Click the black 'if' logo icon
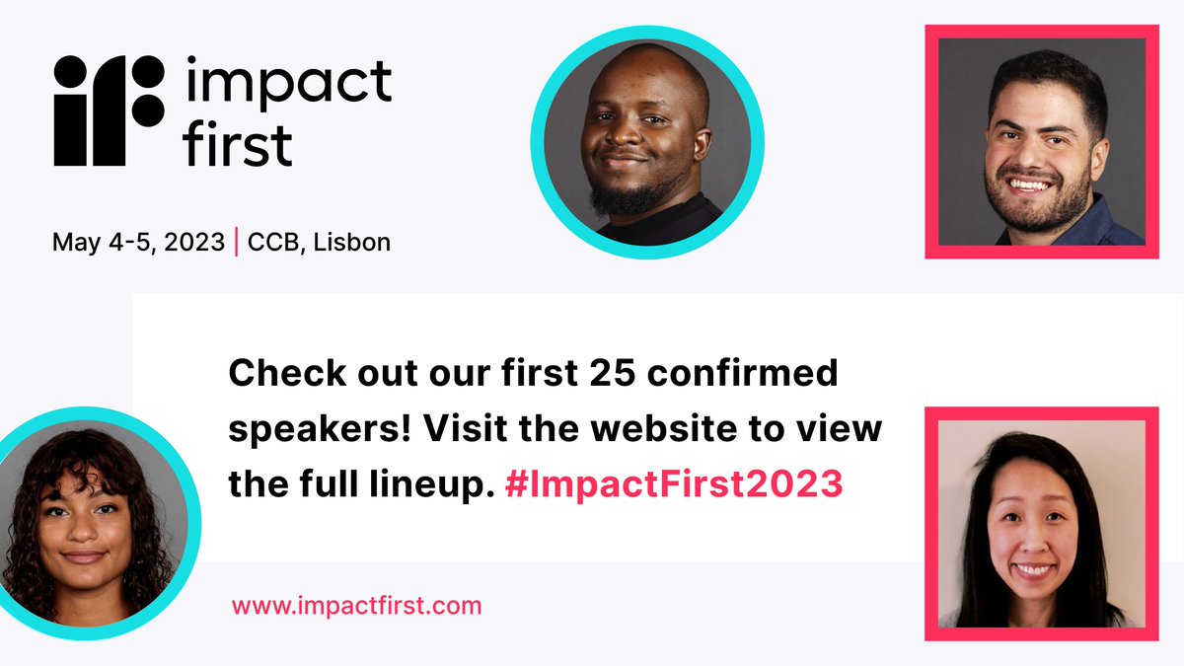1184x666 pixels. coord(109,109)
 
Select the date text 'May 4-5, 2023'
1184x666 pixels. coord(138,242)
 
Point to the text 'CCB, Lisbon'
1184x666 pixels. coord(319,242)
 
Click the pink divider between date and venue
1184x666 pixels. coord(237,242)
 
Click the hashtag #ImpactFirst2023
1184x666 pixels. coord(673,484)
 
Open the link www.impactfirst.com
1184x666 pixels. coord(356,605)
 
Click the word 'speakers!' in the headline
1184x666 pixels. coord(307,429)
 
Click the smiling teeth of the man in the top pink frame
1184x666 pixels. coord(1030,185)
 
